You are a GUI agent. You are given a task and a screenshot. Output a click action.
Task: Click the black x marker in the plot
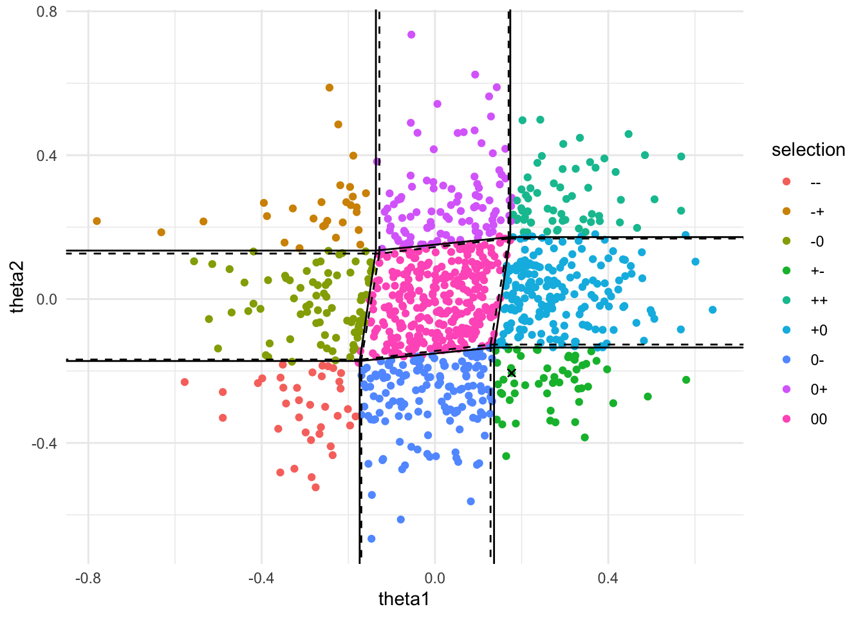coord(512,373)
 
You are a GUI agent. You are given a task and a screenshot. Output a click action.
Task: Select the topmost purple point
coord(411,35)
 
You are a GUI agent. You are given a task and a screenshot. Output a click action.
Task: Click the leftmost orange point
coord(97,221)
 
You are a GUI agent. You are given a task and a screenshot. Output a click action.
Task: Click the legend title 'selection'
coord(808,150)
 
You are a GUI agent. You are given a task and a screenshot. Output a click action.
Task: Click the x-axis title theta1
coord(404,599)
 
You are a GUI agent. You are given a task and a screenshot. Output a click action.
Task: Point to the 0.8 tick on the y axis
coord(47,12)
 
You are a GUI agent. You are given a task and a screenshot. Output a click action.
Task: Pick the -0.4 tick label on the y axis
coord(44,443)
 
